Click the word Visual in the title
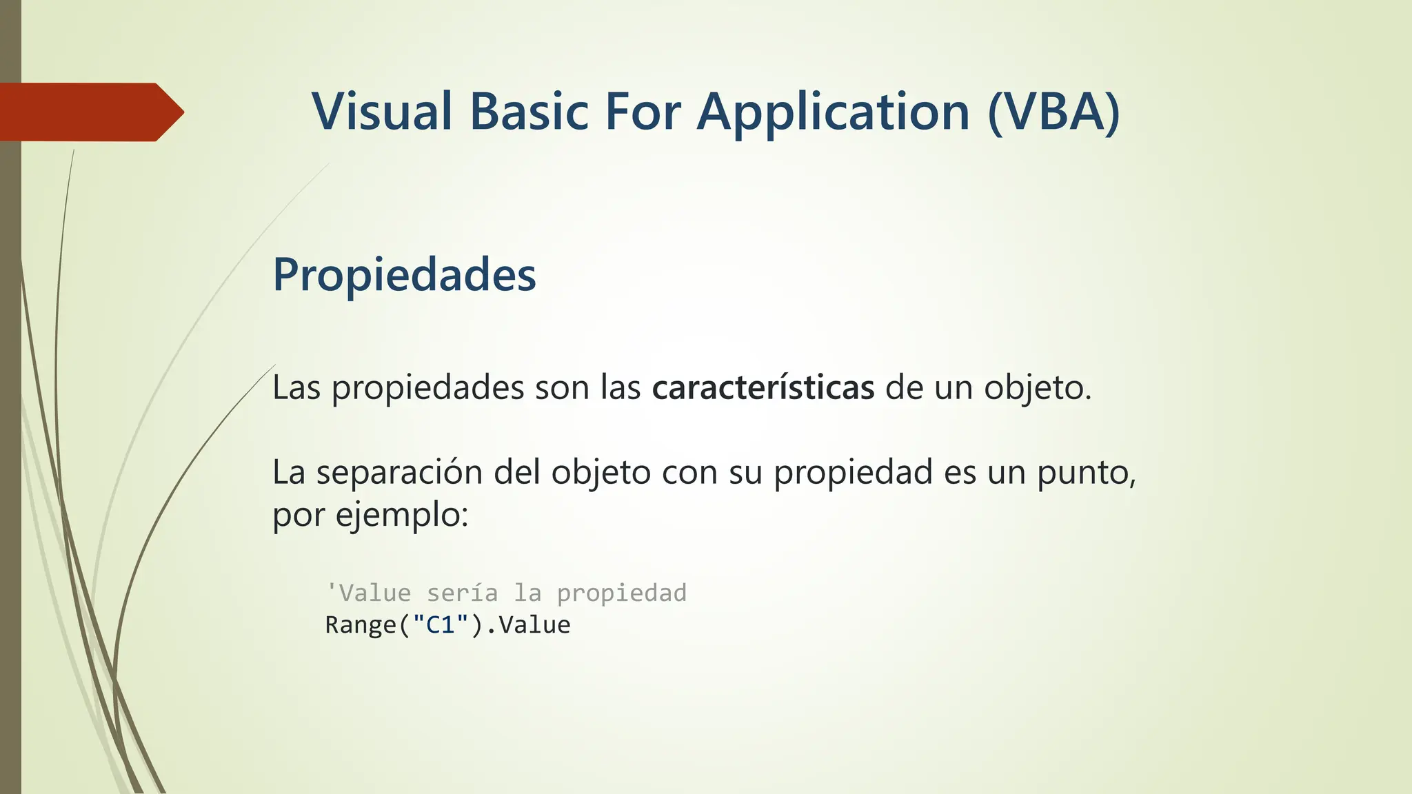[381, 112]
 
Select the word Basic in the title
[529, 112]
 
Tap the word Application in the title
[834, 112]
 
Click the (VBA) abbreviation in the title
[1053, 112]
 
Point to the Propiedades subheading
[404, 274]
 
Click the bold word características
[763, 387]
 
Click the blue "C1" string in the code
[441, 625]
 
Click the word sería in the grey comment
[462, 593]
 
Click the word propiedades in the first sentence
[427, 387]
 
